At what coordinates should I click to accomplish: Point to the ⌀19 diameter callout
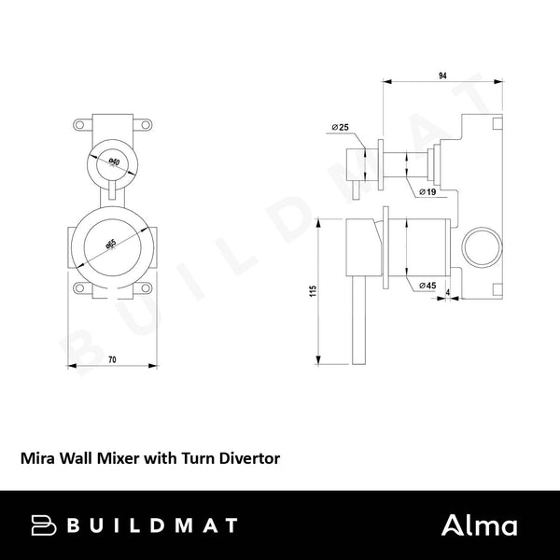(428, 191)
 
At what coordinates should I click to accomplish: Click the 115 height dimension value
(315, 293)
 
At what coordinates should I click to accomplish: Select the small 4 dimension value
(449, 293)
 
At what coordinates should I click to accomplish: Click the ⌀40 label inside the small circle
(112, 163)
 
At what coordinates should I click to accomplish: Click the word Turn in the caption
(193, 458)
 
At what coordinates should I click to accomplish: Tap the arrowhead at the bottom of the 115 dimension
(322, 361)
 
